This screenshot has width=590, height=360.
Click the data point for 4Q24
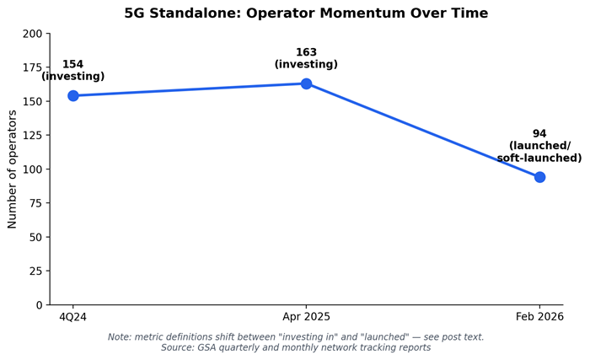pos(73,95)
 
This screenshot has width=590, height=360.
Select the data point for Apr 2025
pos(306,83)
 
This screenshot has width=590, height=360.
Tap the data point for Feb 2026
pos(539,177)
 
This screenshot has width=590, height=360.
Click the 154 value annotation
pos(73,64)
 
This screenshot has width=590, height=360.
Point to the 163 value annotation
pos(306,52)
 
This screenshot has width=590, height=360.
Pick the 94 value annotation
pos(539,134)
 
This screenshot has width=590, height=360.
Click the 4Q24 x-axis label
pos(72,317)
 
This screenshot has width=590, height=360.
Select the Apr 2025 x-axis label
pos(306,317)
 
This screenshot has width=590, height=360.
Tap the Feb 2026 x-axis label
pos(539,317)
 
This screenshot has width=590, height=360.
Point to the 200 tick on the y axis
pos(32,34)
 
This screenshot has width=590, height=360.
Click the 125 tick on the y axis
pos(32,135)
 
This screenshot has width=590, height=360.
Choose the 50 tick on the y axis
pos(35,237)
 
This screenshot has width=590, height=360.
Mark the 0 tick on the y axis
pos(39,305)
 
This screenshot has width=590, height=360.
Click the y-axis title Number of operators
pos(12,169)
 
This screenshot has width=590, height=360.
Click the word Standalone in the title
pos(196,13)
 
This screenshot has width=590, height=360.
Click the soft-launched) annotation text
pos(539,158)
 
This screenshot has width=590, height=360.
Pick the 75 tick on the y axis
pos(35,203)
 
